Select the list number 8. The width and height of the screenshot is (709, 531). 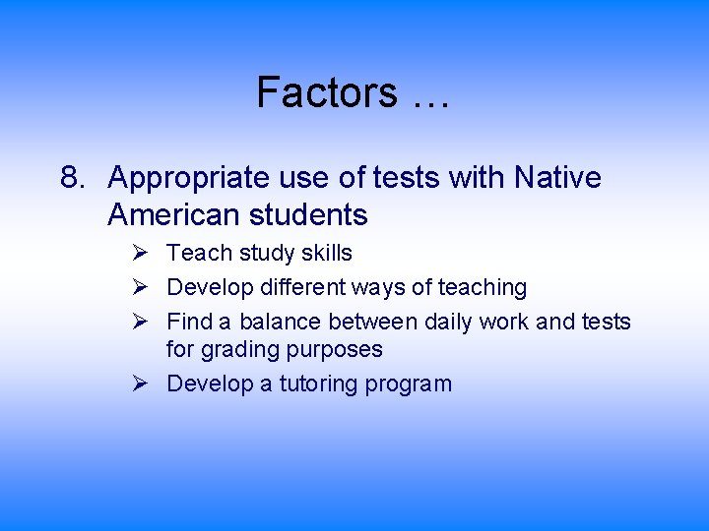(x=70, y=178)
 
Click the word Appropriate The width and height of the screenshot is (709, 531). (x=188, y=179)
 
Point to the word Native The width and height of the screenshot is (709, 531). (x=557, y=178)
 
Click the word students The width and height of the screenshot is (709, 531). (x=312, y=214)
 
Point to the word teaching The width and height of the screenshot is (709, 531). (x=483, y=288)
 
